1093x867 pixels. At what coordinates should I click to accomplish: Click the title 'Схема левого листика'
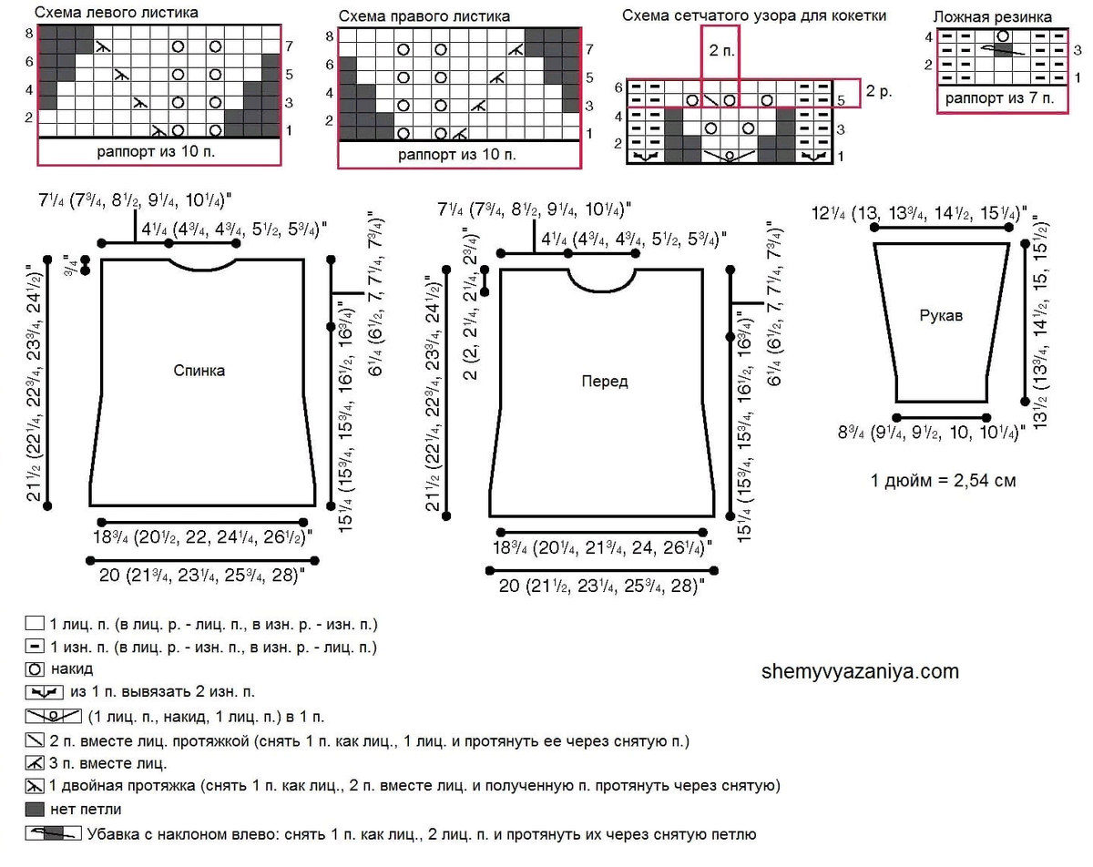117,13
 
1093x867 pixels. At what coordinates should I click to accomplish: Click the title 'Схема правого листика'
424,16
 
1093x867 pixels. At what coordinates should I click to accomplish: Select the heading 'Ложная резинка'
993,17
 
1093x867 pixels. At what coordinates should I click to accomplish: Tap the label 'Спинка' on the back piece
199,371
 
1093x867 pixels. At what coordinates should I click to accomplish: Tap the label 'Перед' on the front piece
605,381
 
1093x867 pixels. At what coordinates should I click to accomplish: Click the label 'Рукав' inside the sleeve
941,315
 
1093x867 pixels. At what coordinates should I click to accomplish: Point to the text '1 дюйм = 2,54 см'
944,481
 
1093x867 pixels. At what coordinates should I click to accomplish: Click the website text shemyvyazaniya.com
860,671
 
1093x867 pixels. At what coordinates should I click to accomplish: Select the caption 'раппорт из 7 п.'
999,98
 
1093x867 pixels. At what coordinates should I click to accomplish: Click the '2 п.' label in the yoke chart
721,50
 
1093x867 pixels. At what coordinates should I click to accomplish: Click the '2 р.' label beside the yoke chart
879,91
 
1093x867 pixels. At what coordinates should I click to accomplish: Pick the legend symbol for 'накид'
35,668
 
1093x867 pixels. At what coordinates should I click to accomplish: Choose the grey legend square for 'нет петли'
35,809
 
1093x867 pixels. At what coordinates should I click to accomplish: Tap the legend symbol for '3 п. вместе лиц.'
35,763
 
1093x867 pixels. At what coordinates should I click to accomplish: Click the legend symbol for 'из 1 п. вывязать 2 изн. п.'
45,692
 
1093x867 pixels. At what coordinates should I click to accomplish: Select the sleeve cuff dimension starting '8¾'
932,433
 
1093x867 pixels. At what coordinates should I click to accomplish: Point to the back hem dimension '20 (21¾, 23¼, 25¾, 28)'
202,576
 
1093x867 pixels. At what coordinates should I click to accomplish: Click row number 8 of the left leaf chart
29,34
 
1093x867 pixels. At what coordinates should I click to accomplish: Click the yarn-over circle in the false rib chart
1003,36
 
